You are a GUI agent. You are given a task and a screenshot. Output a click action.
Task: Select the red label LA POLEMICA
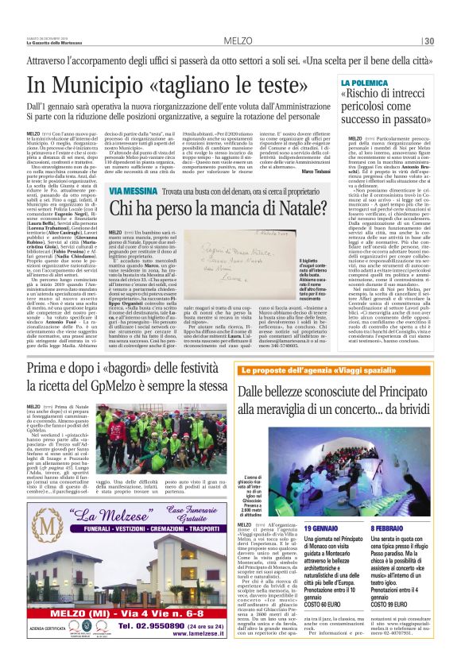[x=366, y=83]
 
